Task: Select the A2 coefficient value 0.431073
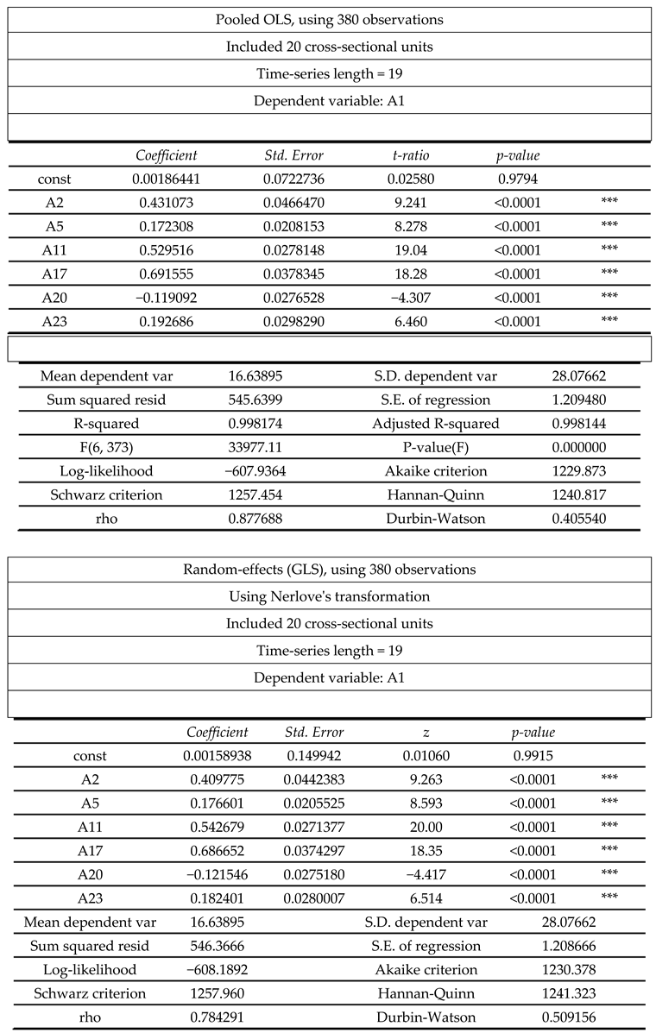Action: [x=167, y=204]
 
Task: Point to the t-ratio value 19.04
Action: [x=410, y=251]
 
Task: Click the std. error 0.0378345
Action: [x=297, y=274]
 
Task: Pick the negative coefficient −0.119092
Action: [x=167, y=299]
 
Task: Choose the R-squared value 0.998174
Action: [x=250, y=424]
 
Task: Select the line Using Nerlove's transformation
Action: [x=329, y=596]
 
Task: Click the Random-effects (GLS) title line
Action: [x=329, y=570]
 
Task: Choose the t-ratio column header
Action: [x=410, y=155]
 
